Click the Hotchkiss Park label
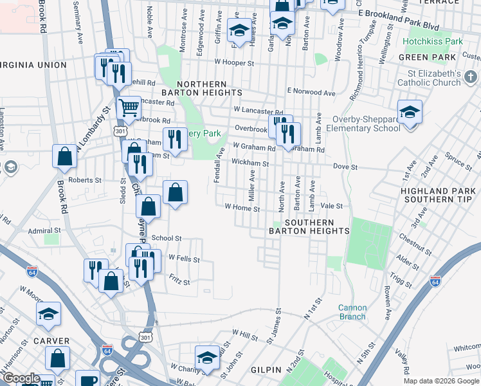coord(433,41)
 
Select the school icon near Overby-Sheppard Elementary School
coord(409,113)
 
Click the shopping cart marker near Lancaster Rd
coord(129,107)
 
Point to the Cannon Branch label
coord(352,311)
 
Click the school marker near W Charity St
coord(207,358)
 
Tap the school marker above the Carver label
coord(48,314)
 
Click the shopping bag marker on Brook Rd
coord(65,156)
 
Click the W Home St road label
coord(242,208)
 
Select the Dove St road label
coord(345,167)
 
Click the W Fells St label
coord(184,258)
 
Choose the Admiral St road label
coord(44,230)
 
